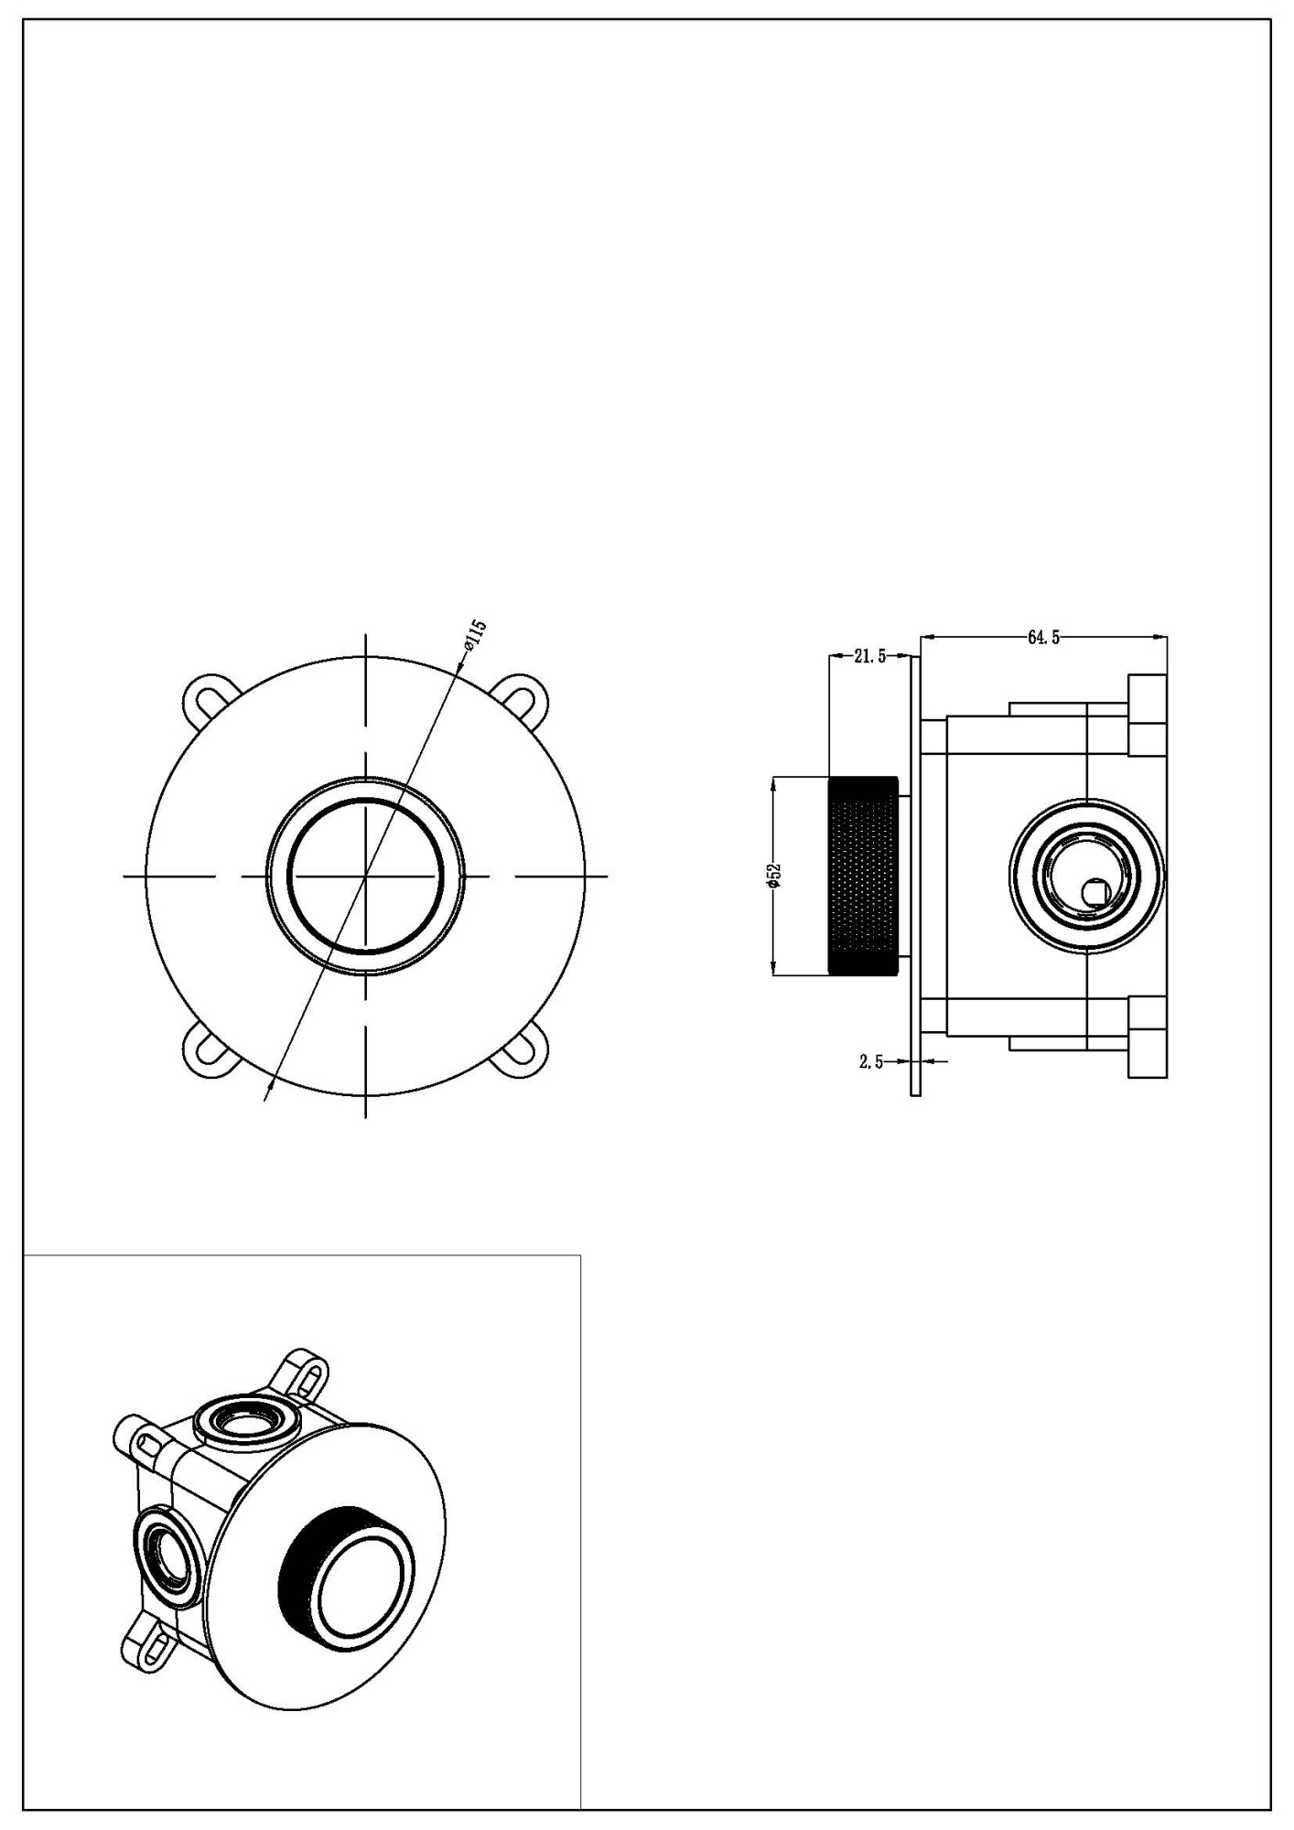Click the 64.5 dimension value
click(1043, 638)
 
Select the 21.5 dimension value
click(868, 656)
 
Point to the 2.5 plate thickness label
click(870, 1061)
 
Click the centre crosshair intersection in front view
click(365, 876)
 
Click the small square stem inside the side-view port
click(1094, 889)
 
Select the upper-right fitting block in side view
click(1148, 715)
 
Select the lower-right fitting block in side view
click(1148, 1036)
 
